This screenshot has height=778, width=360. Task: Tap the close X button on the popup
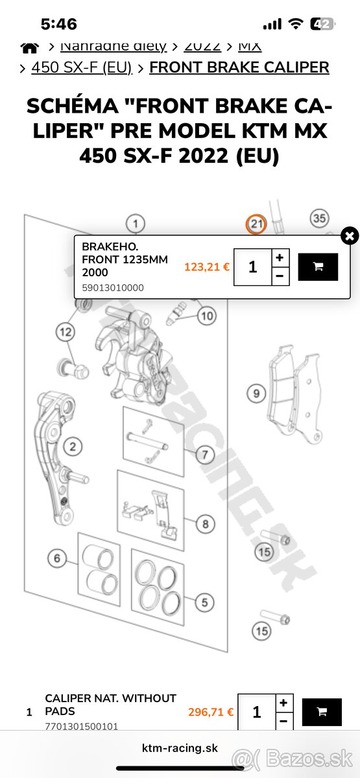coord(349,235)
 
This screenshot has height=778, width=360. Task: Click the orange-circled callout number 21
coord(256,224)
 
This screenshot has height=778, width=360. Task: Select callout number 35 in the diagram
coord(318,218)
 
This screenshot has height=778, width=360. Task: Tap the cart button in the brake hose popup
coord(318,266)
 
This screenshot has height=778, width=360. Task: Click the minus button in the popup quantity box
coord(279,276)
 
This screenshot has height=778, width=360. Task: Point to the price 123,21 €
coord(207,266)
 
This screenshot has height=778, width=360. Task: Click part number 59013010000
coord(113,288)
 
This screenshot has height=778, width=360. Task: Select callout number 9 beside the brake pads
coord(256,393)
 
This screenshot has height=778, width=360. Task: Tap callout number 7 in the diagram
coord(204,454)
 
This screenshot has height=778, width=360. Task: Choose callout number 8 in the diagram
coord(204,523)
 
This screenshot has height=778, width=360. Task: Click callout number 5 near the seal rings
coord(204,602)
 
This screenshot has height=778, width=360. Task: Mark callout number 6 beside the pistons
coord(57,558)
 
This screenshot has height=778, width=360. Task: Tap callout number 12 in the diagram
coord(66,333)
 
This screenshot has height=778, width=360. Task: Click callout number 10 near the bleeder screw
coord(206,316)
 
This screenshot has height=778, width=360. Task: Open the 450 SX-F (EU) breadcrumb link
coord(82,67)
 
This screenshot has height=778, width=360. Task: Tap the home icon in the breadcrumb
coord(29,47)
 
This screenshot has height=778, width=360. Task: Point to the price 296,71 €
coord(211,712)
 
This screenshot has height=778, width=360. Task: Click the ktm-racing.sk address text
coord(180,748)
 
